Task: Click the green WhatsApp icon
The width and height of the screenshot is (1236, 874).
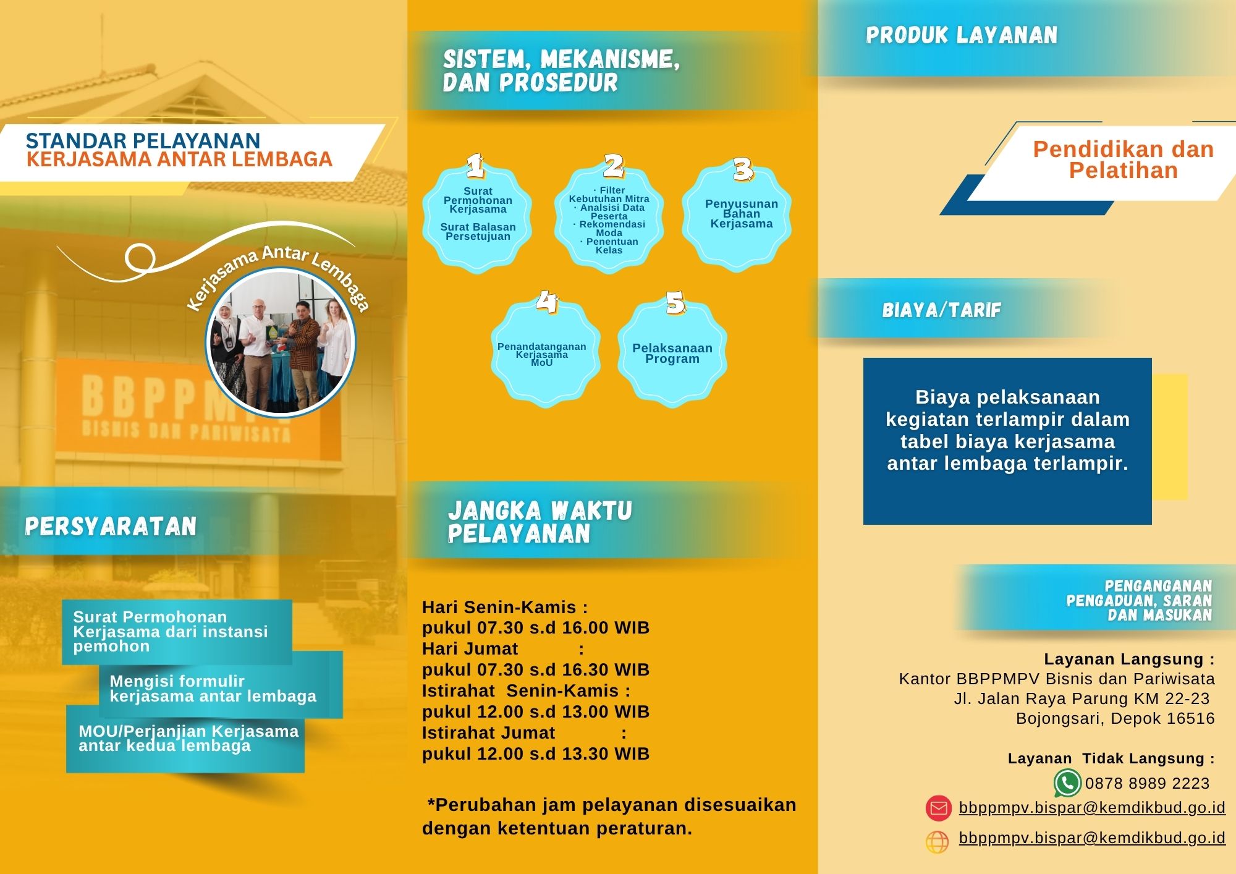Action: [x=1067, y=783]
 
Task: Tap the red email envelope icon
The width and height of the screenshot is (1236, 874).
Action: [x=938, y=808]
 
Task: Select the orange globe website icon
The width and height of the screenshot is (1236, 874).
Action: [x=937, y=842]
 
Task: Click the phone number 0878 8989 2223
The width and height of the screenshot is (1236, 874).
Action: [x=1147, y=784]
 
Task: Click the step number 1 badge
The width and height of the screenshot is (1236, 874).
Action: [x=475, y=166]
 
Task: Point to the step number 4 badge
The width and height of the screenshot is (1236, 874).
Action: [x=546, y=302]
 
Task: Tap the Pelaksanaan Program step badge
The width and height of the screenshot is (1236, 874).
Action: [x=672, y=354]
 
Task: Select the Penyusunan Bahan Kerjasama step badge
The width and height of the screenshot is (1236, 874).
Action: [x=741, y=214]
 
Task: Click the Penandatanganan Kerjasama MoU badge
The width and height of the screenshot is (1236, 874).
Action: [x=542, y=355]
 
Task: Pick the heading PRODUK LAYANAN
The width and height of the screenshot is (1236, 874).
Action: [x=961, y=35]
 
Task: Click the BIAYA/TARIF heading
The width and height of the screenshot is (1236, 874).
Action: [x=941, y=310]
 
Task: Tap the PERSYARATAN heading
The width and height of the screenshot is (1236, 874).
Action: [x=111, y=526]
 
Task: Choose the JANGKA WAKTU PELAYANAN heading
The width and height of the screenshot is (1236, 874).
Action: [x=540, y=522]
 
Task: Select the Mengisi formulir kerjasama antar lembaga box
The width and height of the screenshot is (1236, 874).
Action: [x=213, y=689]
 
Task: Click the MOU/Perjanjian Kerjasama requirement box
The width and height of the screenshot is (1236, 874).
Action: [x=185, y=739]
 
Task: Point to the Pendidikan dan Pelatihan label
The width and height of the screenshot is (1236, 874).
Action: [x=1123, y=159]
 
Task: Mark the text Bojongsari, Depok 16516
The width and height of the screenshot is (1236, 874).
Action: [x=1115, y=718]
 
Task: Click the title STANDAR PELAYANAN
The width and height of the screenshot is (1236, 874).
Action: [x=143, y=140]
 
